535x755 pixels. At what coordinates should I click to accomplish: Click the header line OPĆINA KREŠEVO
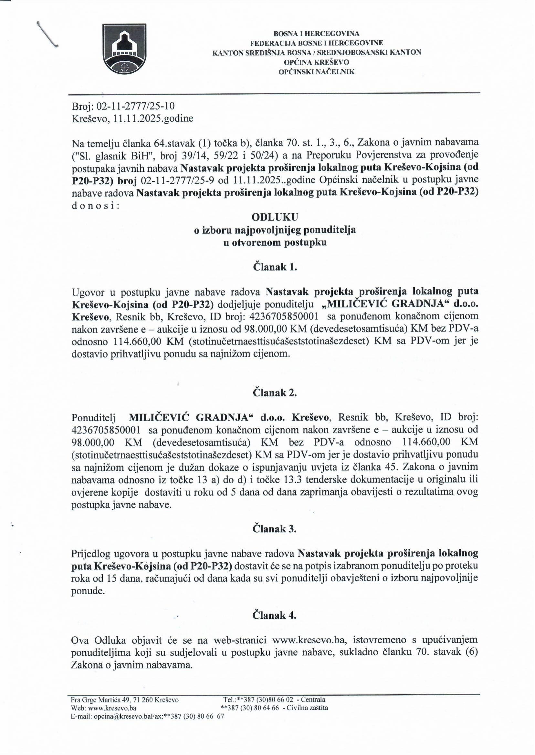[316, 62]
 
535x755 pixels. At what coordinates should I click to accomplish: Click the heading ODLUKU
[275, 217]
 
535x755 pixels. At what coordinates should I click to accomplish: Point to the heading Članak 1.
[275, 267]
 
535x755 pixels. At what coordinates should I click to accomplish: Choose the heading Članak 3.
[275, 529]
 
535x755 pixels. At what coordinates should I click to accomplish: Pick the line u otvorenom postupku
[275, 242]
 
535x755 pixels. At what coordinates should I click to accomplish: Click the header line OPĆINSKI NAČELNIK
[316, 71]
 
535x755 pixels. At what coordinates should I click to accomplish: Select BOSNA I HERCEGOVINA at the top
[316, 34]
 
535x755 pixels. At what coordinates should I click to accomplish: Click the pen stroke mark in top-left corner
[47, 34]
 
